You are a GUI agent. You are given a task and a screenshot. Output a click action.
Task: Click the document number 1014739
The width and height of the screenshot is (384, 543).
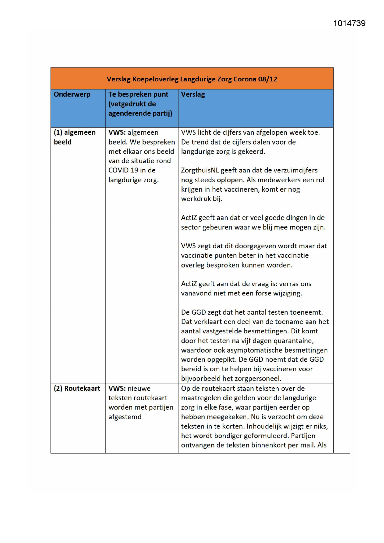pos(349,24)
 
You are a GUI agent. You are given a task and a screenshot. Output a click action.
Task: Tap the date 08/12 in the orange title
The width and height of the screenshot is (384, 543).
pos(268,79)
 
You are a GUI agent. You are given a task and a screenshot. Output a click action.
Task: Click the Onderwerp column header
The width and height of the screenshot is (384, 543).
pos(72,94)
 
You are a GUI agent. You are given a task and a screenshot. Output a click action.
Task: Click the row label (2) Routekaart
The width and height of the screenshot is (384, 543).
pos(77,389)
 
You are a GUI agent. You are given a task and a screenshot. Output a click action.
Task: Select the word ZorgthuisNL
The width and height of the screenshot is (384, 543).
pos(200,170)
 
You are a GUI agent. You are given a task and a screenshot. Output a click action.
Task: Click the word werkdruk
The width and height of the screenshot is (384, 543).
pos(196,199)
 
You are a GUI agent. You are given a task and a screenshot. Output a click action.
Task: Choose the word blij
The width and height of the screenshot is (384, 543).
pos(267,227)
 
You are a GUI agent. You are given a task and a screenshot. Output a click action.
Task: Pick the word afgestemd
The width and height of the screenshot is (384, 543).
pos(125,417)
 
